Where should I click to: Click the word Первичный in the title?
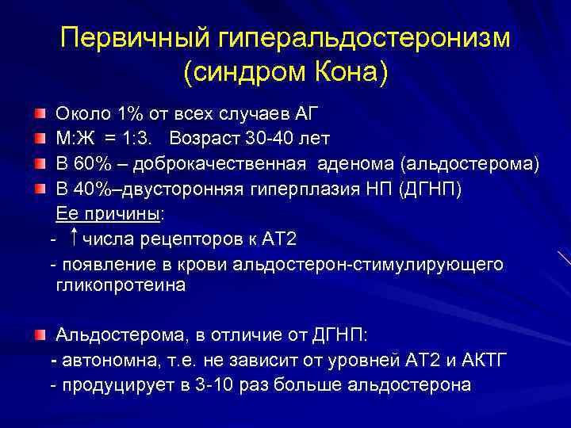click(x=128, y=38)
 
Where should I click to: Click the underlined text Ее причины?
click(x=107, y=214)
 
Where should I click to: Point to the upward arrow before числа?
click(x=74, y=238)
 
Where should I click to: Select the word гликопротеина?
click(x=121, y=286)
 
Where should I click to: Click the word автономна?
click(x=110, y=361)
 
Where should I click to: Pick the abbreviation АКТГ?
click(x=482, y=361)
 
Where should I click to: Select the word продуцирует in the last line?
click(x=117, y=385)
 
